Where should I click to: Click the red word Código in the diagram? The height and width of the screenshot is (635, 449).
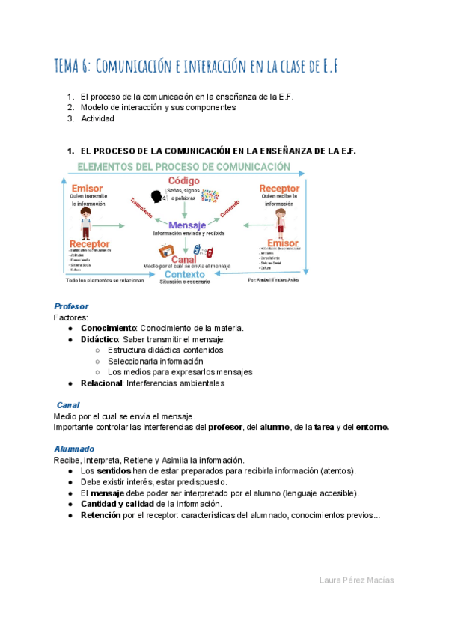pos(183,181)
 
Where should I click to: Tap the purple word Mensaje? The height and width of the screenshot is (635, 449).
pos(187,225)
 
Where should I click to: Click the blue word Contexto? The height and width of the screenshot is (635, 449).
pos(185,275)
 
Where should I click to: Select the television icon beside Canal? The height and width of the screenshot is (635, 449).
pos(166,250)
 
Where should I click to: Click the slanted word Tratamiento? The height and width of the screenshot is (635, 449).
pos(141,207)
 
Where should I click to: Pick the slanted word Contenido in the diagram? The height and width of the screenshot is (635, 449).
pos(230,207)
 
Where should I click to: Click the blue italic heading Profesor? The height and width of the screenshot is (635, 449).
pos(71,306)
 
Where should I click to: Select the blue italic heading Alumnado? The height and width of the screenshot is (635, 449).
pos(73,449)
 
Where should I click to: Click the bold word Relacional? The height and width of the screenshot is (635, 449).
pos(101,383)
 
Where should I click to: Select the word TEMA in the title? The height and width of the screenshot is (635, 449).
pos(70,66)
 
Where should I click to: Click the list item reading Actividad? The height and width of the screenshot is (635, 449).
pos(97,118)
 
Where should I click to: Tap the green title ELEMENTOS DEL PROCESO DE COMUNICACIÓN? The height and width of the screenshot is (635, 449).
pos(184,166)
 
